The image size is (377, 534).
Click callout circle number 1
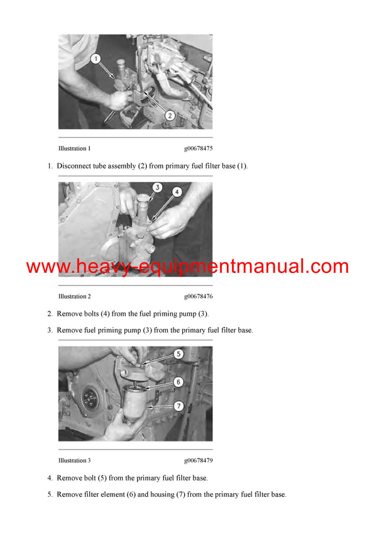(96, 59)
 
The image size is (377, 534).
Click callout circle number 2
(169, 115)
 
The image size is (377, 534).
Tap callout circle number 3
(158, 187)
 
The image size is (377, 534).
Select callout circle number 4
(178, 192)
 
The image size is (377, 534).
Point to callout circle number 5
(178, 354)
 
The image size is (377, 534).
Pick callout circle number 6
(178, 382)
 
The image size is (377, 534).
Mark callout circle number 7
(178, 406)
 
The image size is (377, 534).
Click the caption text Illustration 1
(74, 149)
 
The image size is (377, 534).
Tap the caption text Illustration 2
(74, 296)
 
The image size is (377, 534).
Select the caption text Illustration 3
(74, 460)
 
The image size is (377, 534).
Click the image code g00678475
(198, 149)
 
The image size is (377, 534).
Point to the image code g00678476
(198, 296)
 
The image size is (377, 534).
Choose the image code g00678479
(198, 460)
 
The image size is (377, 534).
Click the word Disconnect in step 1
(75, 166)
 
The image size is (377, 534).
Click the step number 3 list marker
(50, 330)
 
